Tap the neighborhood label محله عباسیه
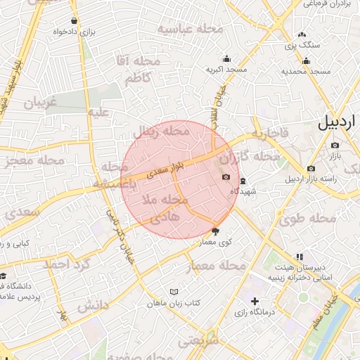click(x=190, y=29)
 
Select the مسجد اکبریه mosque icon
click(x=226, y=59)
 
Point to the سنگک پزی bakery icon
click(x=302, y=34)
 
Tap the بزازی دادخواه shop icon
click(x=75, y=20)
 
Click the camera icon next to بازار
click(x=335, y=146)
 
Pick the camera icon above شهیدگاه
click(x=225, y=176)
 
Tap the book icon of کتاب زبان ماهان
click(x=175, y=292)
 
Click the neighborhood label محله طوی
click(x=309, y=219)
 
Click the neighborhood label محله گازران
click(x=255, y=155)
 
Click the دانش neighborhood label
click(x=93, y=306)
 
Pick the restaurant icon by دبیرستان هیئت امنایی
click(x=300, y=257)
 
